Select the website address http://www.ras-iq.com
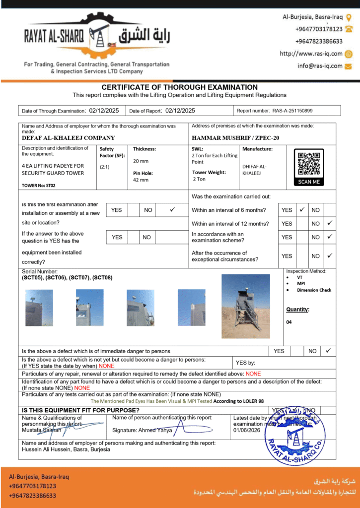(311, 54)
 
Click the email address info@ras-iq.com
(320, 65)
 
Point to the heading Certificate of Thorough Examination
(180, 87)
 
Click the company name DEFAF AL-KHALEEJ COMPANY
(69, 138)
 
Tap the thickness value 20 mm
(141, 161)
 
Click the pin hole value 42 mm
(141, 180)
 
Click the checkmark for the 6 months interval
(302, 210)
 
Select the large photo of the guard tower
(246, 306)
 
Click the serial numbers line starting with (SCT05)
(67, 277)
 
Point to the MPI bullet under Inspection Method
(301, 284)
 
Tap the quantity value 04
(289, 322)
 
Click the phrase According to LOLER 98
(240, 401)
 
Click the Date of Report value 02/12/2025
(180, 111)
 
